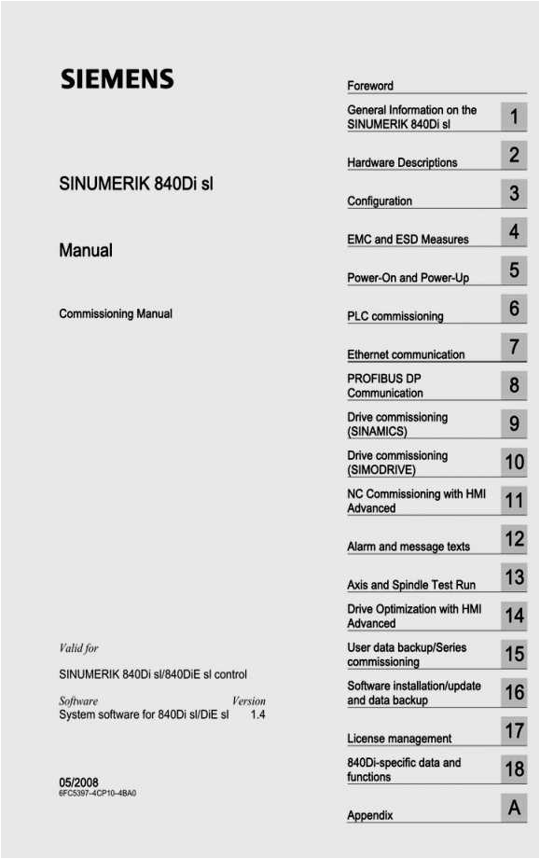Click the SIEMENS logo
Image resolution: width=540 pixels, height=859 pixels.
[117, 79]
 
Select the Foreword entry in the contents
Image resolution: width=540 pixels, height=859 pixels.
[370, 86]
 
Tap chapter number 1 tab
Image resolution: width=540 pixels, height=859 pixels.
[514, 118]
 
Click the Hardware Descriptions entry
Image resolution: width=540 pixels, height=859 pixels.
[402, 162]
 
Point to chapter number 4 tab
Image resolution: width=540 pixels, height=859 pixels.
[514, 231]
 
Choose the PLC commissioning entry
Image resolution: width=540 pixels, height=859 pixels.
[395, 316]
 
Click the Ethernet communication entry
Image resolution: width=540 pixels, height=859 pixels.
[406, 354]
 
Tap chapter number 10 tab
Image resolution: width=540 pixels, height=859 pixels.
[514, 462]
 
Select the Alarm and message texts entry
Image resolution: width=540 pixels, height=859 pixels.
[408, 547]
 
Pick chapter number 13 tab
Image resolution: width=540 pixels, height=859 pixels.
[514, 577]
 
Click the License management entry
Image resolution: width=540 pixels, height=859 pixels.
[399, 739]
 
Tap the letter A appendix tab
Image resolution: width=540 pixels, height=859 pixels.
[514, 808]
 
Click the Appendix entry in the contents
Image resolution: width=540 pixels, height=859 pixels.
[370, 815]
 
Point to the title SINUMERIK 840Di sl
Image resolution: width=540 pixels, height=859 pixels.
[136, 184]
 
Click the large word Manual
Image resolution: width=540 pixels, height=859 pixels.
[86, 250]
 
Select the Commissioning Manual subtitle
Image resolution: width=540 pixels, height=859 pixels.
[116, 314]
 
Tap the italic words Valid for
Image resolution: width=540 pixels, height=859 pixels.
[78, 648]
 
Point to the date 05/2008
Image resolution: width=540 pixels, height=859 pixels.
[78, 782]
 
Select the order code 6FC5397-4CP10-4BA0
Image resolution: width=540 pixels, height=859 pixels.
[101, 794]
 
